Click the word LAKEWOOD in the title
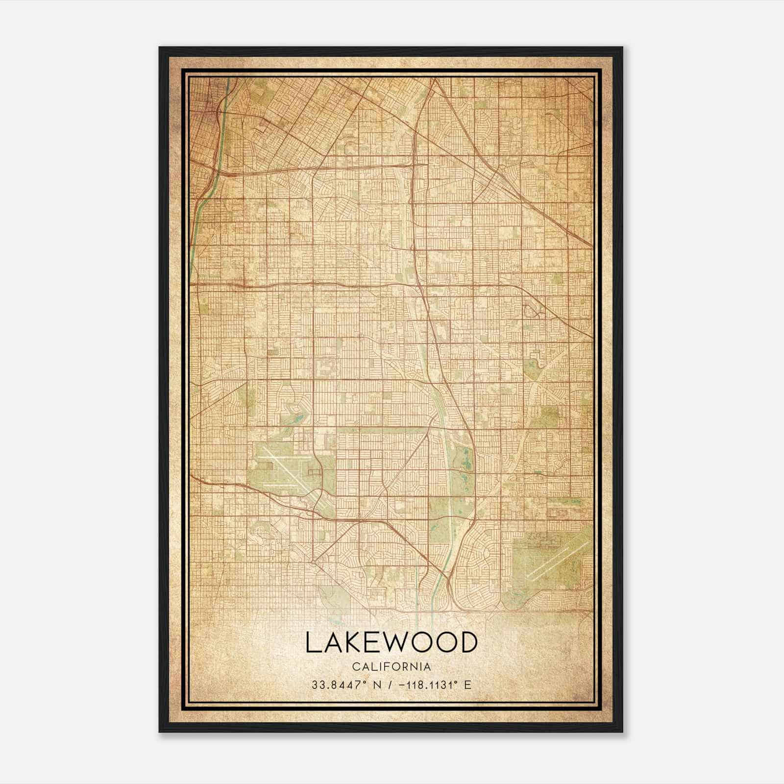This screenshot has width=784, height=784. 391,642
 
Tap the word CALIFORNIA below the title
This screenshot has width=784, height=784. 391,667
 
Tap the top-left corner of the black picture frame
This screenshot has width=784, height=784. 160,48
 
